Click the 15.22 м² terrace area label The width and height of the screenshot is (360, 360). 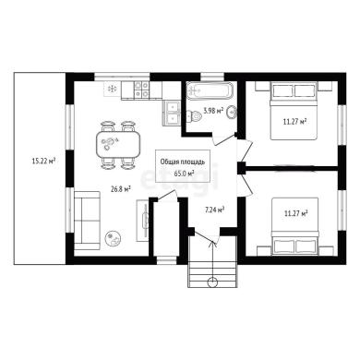pos(43,161)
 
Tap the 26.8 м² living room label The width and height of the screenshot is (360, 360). pos(121,189)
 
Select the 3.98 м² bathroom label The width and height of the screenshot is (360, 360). pos(213,111)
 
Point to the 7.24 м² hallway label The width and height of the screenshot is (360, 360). pos(214,210)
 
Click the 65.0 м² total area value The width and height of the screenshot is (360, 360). pos(184,174)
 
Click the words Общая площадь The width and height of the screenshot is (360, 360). pos(183,162)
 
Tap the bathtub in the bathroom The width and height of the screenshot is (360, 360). pos(209,90)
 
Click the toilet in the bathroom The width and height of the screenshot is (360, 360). pos(194,116)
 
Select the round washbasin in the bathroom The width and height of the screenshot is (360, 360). pos(231,112)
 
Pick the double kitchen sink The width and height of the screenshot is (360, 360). pos(172,113)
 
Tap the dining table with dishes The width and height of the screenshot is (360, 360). pos(118,145)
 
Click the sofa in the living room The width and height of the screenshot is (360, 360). pos(87,221)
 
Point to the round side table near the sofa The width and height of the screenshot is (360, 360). pos(113,238)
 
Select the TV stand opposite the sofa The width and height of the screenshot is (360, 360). pos(142,220)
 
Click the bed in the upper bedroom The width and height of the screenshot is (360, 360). pos(294,111)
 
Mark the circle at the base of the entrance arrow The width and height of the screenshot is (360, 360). pos(212,282)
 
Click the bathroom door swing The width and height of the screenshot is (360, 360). pos(224,140)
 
